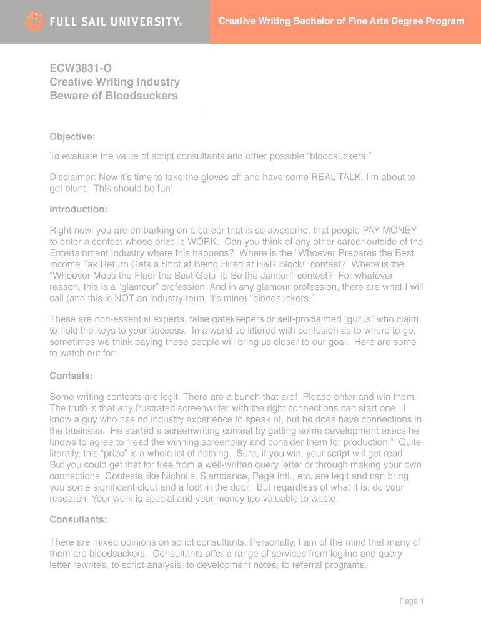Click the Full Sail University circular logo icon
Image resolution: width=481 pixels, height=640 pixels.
[x=35, y=22]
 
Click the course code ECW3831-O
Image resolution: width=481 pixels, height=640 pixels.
[x=81, y=68]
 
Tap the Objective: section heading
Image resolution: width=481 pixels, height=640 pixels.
[x=72, y=137]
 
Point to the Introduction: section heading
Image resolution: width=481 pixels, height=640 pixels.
[x=79, y=209]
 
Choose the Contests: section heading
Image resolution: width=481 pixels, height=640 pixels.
[x=71, y=376]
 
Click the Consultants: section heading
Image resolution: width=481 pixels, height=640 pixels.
[x=78, y=519]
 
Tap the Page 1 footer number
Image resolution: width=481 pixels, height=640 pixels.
[x=412, y=601]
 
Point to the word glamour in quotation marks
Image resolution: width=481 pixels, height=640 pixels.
[x=129, y=287]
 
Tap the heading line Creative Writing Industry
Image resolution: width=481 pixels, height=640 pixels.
[x=114, y=82]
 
